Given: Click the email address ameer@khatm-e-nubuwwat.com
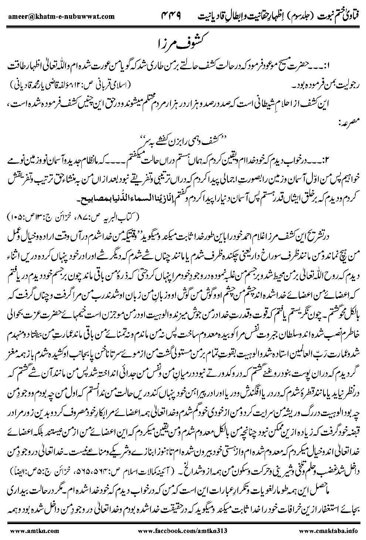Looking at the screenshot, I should click(x=59, y=17).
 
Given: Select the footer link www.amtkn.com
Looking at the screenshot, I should click(x=27, y=530).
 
